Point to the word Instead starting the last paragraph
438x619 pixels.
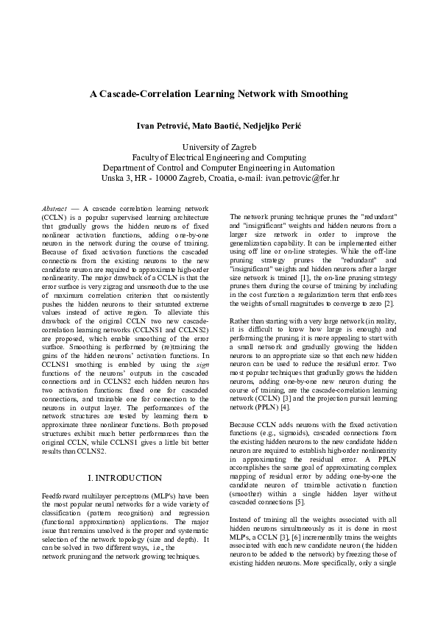[242, 518]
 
